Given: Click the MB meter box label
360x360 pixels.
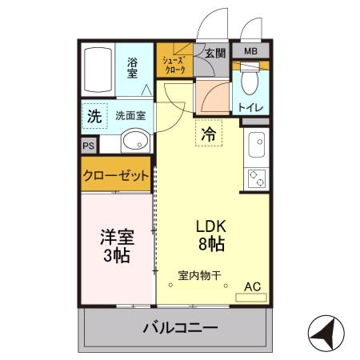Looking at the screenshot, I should point(251,52).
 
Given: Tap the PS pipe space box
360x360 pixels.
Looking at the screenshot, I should point(88,146).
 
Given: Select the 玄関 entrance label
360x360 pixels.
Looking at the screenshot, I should point(214,54).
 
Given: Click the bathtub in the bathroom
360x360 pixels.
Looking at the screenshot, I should point(98,71).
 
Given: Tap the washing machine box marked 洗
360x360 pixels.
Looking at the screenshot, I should point(94,115).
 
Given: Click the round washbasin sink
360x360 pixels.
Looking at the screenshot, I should point(133,143).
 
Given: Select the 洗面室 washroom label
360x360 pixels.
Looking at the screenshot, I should point(130,115).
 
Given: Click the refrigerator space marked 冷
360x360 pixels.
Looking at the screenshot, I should point(208,134).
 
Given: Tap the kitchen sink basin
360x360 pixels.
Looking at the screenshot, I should point(258,146).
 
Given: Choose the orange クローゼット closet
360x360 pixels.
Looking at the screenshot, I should point(116,177).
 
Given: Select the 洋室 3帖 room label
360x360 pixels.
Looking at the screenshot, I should point(117,246).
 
